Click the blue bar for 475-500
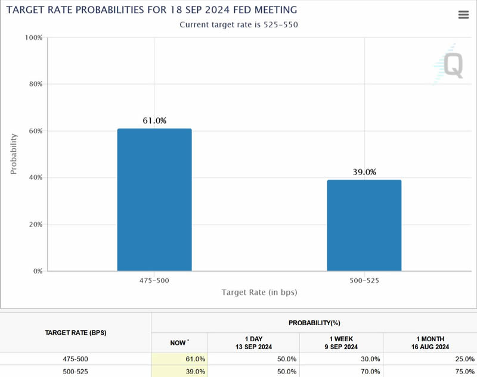(154, 200)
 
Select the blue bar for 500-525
(364, 225)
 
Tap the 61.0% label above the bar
(154, 121)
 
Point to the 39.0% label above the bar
(364, 172)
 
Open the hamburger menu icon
(463, 15)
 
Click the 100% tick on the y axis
(33, 38)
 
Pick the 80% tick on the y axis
(35, 84)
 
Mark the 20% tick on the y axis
(35, 225)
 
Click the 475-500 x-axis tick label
(154, 280)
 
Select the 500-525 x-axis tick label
(364, 280)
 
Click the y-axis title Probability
(14, 154)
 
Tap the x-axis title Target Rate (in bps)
(259, 292)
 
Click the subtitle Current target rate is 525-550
(238, 25)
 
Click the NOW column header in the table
(179, 342)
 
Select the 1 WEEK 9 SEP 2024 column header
(340, 342)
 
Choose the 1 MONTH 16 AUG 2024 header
(429, 342)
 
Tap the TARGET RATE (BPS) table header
(76, 332)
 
